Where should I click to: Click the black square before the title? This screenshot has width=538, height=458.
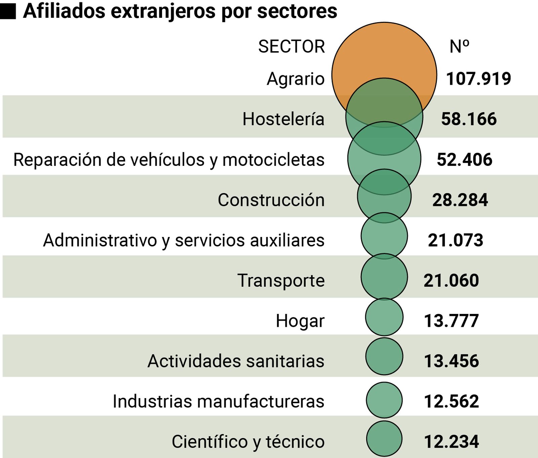pyautogui.click(x=8, y=12)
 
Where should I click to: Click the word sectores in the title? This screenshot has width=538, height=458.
pyautogui.click(x=297, y=11)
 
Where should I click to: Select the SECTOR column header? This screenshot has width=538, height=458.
pyautogui.click(x=291, y=46)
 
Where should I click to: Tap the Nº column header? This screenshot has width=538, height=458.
pyautogui.click(x=459, y=46)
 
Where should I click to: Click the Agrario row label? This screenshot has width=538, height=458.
pyautogui.click(x=296, y=79)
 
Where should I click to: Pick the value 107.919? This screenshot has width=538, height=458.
pyautogui.click(x=478, y=79)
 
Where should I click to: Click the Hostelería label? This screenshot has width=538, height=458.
pyautogui.click(x=283, y=119)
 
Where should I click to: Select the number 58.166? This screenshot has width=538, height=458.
pyautogui.click(x=468, y=119)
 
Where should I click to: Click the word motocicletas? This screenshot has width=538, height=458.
pyautogui.click(x=273, y=160)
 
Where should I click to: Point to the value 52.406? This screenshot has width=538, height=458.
pyautogui.click(x=464, y=160)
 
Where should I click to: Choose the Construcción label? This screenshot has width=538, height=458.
pyautogui.click(x=271, y=200)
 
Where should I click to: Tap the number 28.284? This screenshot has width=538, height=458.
pyautogui.click(x=460, y=200)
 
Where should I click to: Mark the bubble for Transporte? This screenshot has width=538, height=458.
pyautogui.click(x=384, y=277)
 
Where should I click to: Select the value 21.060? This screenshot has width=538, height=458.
pyautogui.click(x=451, y=280)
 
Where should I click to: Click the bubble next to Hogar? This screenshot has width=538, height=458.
pyautogui.click(x=384, y=317)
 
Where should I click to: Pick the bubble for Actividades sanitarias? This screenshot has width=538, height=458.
pyautogui.click(x=384, y=356)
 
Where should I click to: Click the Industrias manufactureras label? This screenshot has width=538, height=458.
pyautogui.click(x=218, y=401)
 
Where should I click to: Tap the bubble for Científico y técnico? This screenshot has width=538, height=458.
pyautogui.click(x=384, y=438)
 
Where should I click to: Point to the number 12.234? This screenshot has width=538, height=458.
pyautogui.click(x=451, y=442)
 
